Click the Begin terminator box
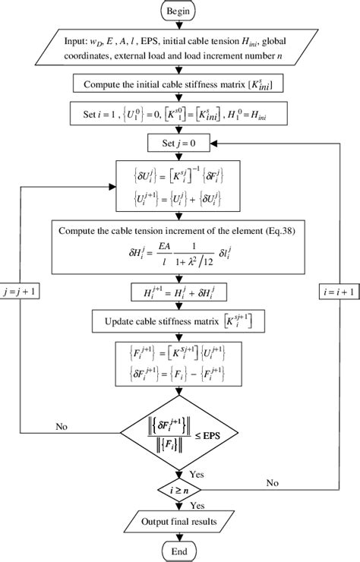(181, 12)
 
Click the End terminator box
(181, 549)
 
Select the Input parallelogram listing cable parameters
(181, 52)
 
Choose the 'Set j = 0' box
(181, 140)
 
